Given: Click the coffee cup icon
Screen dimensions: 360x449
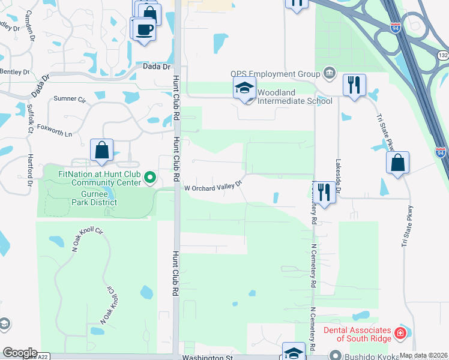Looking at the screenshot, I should pyautogui.click(x=144, y=29).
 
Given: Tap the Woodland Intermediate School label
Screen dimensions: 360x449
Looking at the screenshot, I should pyautogui.click(x=295, y=97).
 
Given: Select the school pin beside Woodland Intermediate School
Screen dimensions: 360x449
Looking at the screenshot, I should pyautogui.click(x=244, y=88).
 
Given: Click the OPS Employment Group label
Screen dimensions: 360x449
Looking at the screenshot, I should pyautogui.click(x=276, y=74).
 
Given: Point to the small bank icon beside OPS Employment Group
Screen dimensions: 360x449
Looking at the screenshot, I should pyautogui.click(x=329, y=73).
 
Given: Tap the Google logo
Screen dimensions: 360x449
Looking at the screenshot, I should pyautogui.click(x=19, y=353).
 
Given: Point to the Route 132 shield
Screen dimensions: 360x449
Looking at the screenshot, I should pyautogui.click(x=443, y=55).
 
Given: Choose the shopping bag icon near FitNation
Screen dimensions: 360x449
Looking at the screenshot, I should pyautogui.click(x=101, y=151).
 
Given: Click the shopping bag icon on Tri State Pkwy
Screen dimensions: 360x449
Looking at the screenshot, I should pyautogui.click(x=397, y=163).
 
